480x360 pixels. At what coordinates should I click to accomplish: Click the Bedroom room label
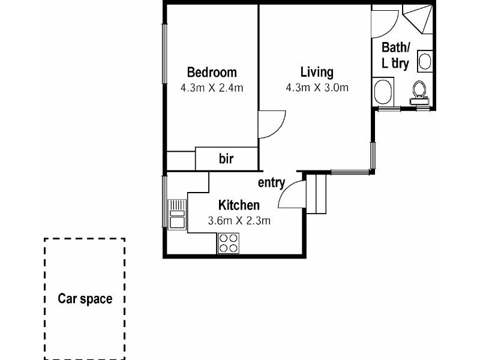(x=212, y=73)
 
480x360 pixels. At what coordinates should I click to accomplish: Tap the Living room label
(x=317, y=73)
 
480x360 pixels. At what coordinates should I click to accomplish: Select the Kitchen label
(x=239, y=205)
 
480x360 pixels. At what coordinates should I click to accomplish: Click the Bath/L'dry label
(x=395, y=55)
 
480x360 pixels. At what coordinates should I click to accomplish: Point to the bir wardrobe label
(x=226, y=159)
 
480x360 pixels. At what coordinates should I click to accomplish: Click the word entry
(x=271, y=183)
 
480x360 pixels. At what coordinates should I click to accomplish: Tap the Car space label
(x=85, y=298)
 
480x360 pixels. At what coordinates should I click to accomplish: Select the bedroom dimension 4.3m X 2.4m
(x=212, y=88)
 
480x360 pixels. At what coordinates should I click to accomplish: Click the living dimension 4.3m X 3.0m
(x=317, y=88)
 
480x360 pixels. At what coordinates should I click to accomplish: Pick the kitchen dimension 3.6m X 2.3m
(x=239, y=220)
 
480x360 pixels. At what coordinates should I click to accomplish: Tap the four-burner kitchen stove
(x=227, y=242)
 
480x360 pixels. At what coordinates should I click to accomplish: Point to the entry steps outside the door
(x=317, y=193)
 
